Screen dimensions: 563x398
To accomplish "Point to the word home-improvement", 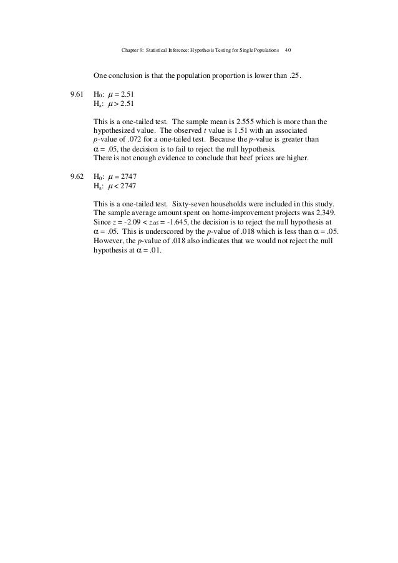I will click(x=206, y=213).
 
